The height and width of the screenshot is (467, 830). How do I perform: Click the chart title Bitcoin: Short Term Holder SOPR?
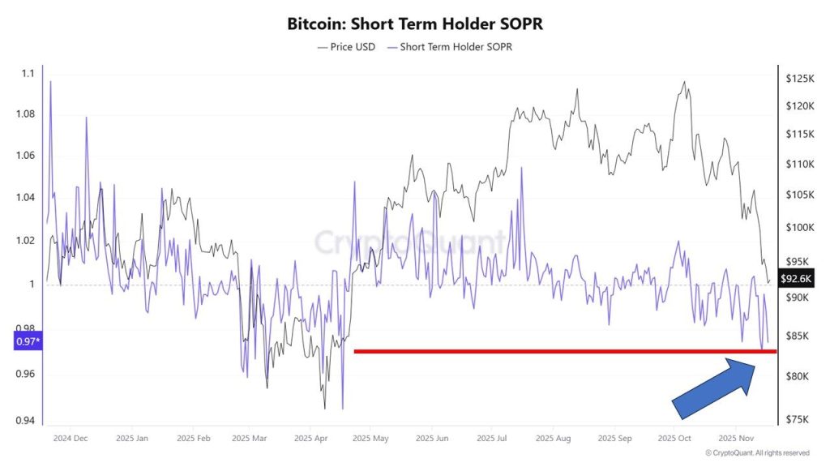coord(415,24)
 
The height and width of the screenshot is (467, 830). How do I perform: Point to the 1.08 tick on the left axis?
coord(25,114)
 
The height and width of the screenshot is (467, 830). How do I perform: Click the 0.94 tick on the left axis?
coord(25,420)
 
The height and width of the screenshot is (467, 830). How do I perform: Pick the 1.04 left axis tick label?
coord(25,198)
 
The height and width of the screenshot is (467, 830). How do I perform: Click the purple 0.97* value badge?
coord(28,341)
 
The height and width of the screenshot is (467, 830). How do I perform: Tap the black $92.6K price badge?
coord(795,278)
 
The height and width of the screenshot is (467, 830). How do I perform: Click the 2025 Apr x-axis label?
coord(310,439)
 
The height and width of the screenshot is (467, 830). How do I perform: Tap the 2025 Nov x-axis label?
coord(732,439)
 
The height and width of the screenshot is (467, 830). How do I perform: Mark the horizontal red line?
coord(564,351)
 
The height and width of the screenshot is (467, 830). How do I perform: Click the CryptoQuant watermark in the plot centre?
coord(409,242)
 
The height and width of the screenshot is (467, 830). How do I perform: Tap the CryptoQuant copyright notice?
coord(757,452)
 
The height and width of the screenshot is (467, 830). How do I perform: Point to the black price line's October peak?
coord(685,82)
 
